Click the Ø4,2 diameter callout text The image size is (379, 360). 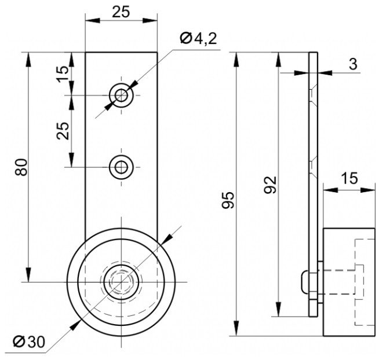tap(198, 38)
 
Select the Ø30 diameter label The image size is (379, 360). tap(29, 341)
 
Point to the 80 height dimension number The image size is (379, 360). tap(21, 167)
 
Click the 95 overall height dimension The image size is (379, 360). tap(228, 200)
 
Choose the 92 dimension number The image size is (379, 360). tap(270, 185)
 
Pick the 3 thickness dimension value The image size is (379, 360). tap(353, 64)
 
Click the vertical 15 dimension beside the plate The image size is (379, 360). tap(63, 74)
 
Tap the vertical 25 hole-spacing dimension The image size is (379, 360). tap(63, 131)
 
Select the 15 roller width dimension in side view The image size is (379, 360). tap(349, 178)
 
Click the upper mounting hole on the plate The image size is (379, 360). tap(121, 95)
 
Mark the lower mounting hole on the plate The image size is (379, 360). tap(121, 167)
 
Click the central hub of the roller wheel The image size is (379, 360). tap(121, 282)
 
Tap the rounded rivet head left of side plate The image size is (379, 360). tap(305, 282)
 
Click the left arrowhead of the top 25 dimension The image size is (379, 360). tap(93, 20)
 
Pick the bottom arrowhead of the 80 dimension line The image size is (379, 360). tap(29, 274)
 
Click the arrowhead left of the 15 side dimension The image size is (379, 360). tap(330, 190)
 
